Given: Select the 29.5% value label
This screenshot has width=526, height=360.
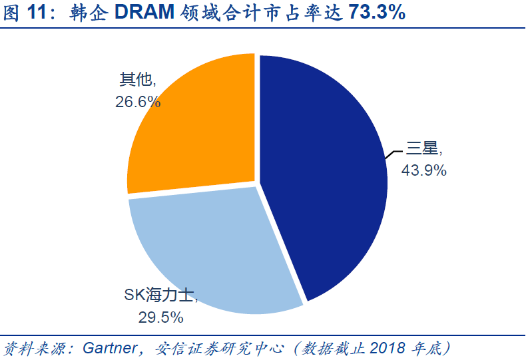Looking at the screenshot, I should pyautogui.click(x=160, y=317).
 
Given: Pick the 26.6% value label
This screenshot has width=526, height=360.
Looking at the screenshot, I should pyautogui.click(x=138, y=102).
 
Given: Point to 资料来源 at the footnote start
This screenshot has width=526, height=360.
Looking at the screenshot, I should pyautogui.click(x=30, y=347).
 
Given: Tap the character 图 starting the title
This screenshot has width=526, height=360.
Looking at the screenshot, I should pyautogui.click(x=12, y=14).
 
